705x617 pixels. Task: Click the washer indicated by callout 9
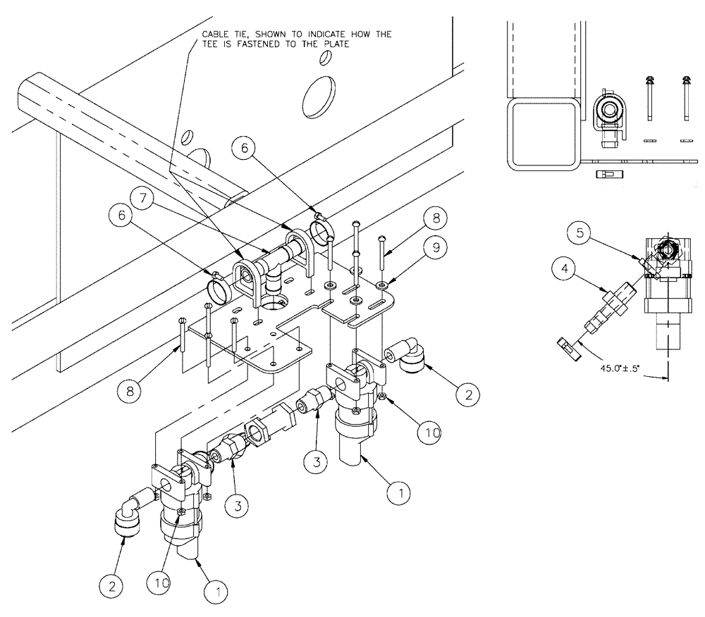381,285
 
